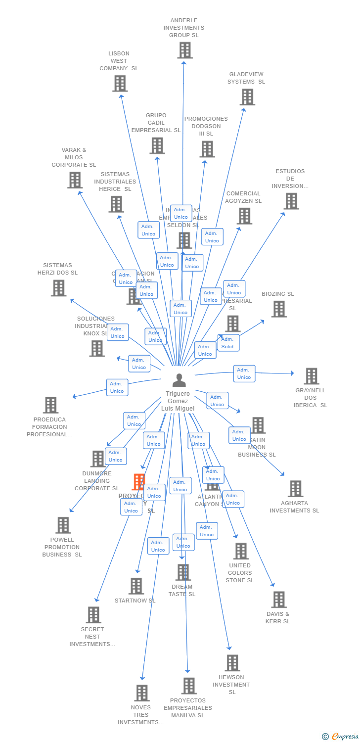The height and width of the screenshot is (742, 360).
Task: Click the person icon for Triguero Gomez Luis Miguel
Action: click(179, 380)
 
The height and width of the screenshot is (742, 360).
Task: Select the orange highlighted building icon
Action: click(139, 482)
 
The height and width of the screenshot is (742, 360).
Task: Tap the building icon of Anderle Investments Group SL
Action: click(185, 50)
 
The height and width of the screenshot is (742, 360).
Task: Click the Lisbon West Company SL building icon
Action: click(120, 83)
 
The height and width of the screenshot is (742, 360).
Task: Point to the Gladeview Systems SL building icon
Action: click(247, 97)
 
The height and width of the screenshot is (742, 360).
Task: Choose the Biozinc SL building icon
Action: click(279, 309)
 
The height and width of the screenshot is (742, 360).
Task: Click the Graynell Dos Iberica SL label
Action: click(311, 398)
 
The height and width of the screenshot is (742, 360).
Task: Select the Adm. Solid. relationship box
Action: click(228, 343)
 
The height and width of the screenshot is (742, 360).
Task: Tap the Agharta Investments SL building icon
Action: click(295, 489)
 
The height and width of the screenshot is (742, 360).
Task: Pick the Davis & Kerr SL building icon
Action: click(279, 600)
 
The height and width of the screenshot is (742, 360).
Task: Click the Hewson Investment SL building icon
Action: click(232, 663)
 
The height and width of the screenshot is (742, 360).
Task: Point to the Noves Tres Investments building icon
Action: click(142, 693)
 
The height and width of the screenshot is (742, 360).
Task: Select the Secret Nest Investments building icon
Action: click(93, 615)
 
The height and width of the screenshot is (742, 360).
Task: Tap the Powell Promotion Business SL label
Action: click(62, 547)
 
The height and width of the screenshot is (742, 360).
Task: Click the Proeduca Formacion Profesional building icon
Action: click(50, 405)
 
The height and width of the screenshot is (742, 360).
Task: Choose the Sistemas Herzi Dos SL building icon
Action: click(58, 288)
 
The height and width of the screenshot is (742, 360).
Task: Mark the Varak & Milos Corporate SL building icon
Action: click(75, 180)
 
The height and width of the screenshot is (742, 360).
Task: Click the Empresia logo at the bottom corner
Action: click(341, 737)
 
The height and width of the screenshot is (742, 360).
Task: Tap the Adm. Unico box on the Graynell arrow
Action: click(244, 373)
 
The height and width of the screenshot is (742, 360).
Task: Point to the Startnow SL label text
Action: click(135, 601)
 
